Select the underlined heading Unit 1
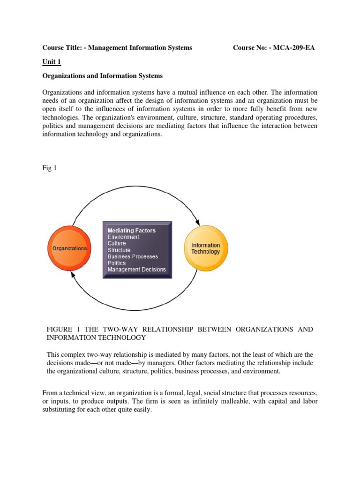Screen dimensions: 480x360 point(52,62)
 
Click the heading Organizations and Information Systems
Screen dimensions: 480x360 point(102,75)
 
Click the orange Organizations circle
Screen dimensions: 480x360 point(69,249)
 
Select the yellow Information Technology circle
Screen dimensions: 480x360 point(205,248)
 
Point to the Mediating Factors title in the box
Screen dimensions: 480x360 point(132,231)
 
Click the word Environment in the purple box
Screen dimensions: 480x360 point(123,237)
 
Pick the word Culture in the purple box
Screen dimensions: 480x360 point(117,244)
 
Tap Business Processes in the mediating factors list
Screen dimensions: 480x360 point(133,256)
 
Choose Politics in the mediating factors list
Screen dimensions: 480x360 point(117,263)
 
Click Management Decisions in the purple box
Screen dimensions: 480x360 point(136,270)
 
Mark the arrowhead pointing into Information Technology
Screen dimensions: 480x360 point(199,222)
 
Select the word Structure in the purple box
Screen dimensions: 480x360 point(119,250)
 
